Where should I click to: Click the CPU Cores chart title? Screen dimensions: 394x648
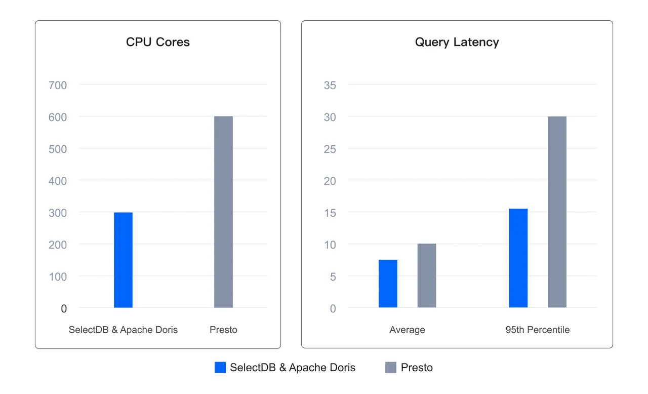point(158,42)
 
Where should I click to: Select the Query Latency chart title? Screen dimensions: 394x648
point(457,42)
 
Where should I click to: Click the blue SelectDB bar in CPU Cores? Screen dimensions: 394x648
point(123,260)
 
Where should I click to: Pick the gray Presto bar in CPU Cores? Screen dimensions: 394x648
point(223,212)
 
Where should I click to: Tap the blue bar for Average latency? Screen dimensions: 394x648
point(388,284)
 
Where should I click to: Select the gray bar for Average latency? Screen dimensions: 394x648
point(427,275)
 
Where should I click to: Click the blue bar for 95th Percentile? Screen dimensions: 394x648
point(518,258)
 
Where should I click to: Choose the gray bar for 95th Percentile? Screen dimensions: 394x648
point(557,212)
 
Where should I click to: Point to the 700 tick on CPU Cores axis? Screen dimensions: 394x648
point(58,85)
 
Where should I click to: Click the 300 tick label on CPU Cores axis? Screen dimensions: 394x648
point(58,213)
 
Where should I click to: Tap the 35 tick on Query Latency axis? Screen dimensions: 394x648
point(330,85)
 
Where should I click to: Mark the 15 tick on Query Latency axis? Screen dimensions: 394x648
point(330,213)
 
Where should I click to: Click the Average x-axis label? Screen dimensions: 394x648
point(407,330)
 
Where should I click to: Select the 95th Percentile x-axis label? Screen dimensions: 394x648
point(537,330)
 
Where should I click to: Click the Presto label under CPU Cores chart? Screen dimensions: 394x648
point(223,330)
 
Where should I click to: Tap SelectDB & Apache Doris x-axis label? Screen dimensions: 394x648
point(123,330)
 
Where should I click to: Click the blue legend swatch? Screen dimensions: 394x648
point(220,367)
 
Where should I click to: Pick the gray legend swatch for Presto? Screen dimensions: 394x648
point(391,367)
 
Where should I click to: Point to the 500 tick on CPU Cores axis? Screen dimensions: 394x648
point(58,149)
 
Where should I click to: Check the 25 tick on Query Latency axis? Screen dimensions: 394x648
point(330,149)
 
